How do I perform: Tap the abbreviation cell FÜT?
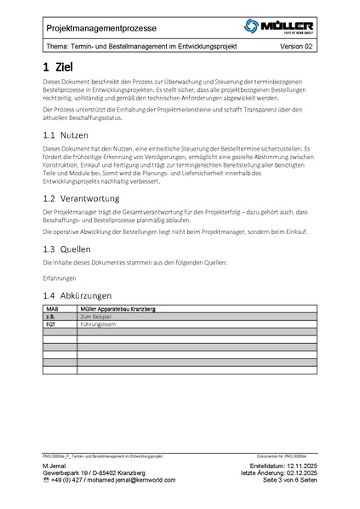click(x=50, y=323)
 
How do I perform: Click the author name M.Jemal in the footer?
click(x=55, y=467)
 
